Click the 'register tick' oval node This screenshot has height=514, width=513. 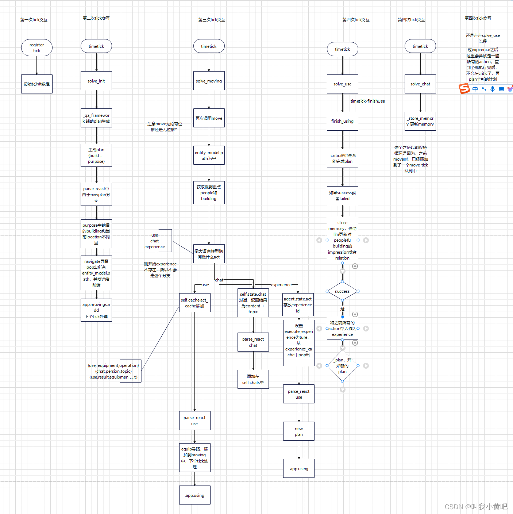(x=36, y=48)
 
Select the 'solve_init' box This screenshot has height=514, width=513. (x=96, y=81)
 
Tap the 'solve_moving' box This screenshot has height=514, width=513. (x=209, y=81)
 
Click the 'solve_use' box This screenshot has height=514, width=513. (x=342, y=84)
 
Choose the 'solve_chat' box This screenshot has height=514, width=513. (x=420, y=84)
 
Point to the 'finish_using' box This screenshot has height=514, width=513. (x=342, y=121)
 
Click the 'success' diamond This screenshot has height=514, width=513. (x=342, y=291)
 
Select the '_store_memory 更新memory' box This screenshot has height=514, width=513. (x=420, y=121)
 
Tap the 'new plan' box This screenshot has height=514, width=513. (x=298, y=431)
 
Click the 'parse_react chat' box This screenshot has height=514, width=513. (x=253, y=342)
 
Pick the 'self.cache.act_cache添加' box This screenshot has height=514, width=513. (x=194, y=303)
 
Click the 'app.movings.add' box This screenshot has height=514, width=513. (x=96, y=310)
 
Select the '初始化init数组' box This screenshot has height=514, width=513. (x=36, y=84)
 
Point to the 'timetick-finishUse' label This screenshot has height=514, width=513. (x=367, y=101)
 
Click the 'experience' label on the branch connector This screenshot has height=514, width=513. (x=281, y=285)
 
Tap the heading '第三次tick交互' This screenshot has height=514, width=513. (x=212, y=20)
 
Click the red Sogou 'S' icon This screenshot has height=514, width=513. (x=464, y=88)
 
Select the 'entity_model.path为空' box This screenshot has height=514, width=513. (x=209, y=155)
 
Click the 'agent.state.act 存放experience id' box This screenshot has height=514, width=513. (x=298, y=305)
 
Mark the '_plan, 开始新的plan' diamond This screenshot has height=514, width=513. (x=342, y=365)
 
